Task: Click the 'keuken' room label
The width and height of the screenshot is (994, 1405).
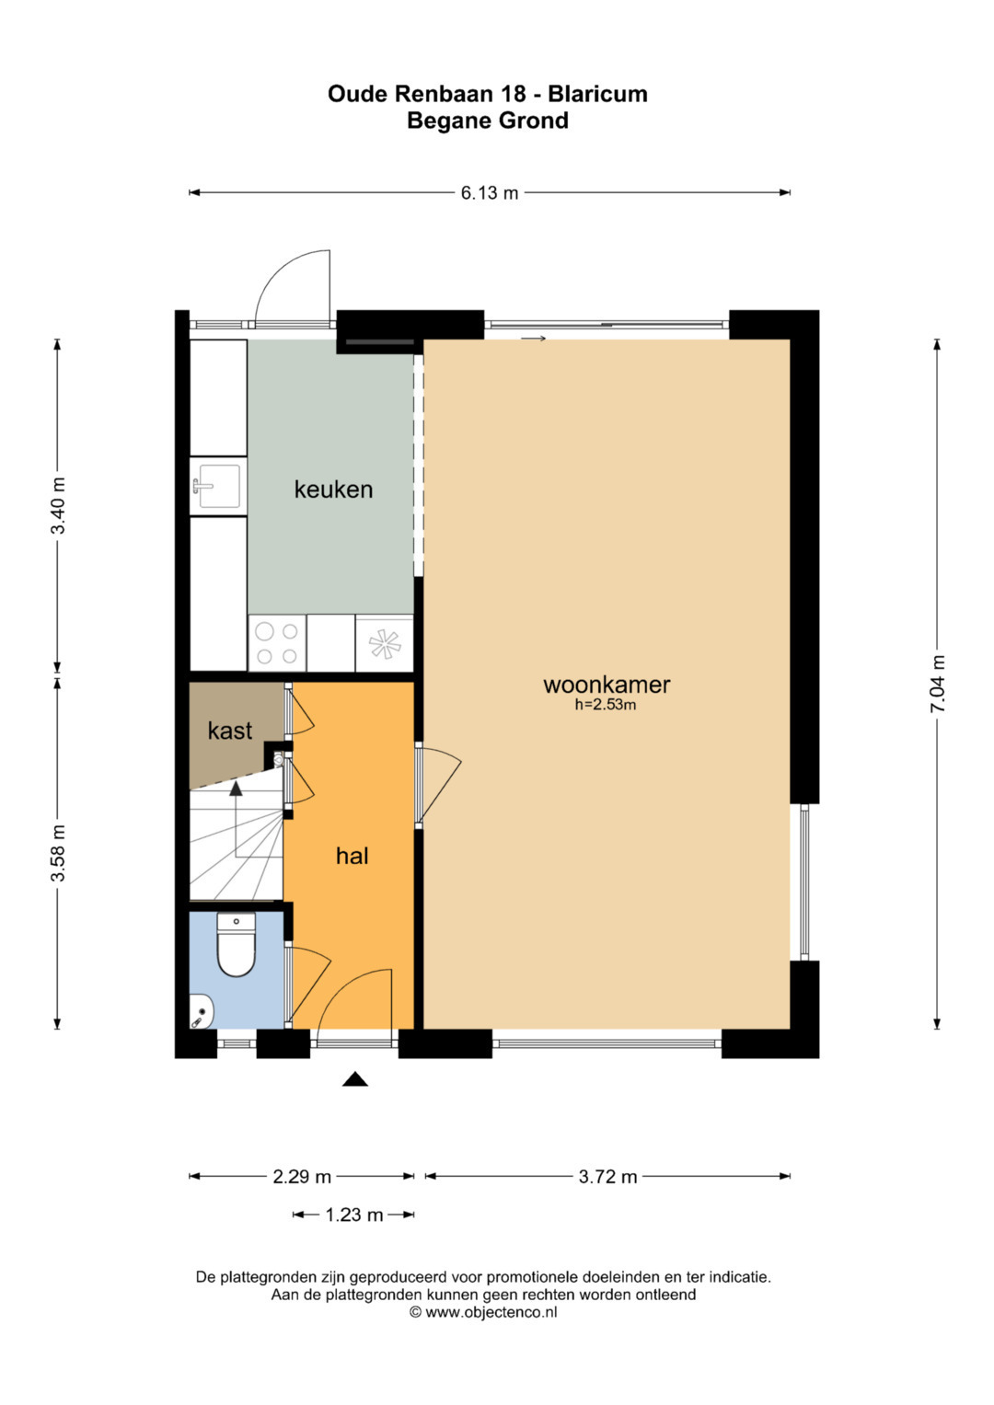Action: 333,489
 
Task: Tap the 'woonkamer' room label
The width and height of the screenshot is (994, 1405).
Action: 607,685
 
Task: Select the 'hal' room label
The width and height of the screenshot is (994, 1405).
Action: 352,856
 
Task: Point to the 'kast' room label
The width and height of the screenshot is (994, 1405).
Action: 229,731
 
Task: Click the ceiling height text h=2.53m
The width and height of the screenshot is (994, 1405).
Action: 606,706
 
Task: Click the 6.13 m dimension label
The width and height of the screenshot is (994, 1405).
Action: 490,193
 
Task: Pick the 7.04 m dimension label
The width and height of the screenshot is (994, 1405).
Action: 937,684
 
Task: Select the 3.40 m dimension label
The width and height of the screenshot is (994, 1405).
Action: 58,505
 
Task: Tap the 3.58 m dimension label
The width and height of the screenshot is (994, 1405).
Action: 58,853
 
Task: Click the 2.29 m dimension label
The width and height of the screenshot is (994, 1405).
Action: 302,1177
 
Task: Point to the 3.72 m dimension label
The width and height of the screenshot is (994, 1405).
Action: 607,1177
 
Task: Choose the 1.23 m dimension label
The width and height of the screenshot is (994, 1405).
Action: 353,1215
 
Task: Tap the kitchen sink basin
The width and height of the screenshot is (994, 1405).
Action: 219,486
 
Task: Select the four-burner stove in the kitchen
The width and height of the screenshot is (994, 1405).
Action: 277,643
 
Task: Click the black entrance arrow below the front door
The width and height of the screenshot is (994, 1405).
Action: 355,1079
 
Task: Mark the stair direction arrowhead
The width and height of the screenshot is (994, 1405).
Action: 237,789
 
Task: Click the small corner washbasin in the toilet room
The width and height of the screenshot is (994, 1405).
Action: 201,1013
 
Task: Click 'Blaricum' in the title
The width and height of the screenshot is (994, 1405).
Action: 597,94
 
